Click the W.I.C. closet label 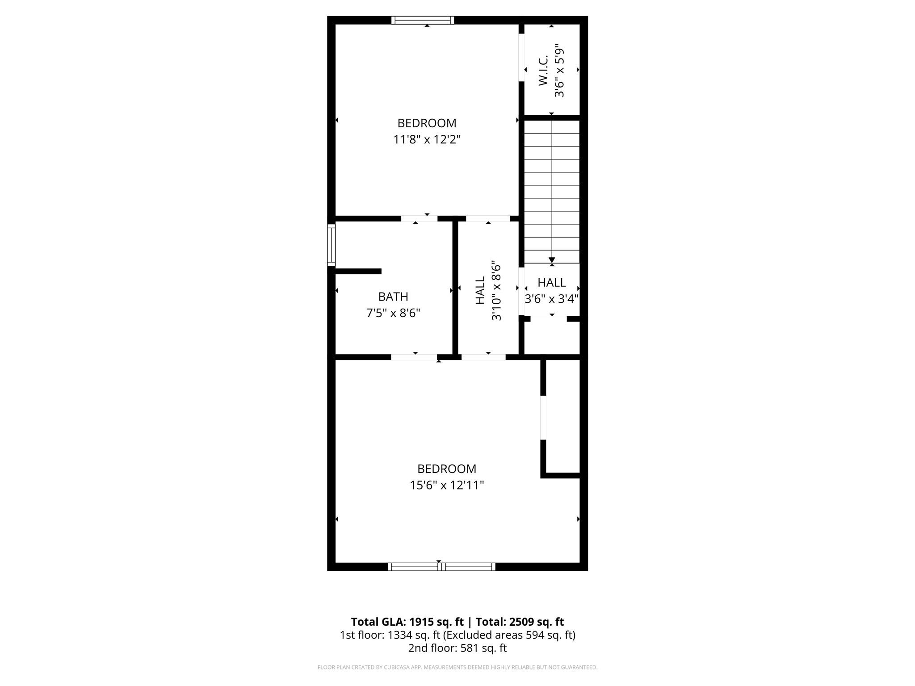(543, 71)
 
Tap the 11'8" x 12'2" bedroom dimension (427, 140)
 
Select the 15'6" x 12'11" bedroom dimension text (447, 485)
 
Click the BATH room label (393, 297)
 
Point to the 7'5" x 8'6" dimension (393, 313)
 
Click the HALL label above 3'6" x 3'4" (552, 282)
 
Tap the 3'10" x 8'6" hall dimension (496, 291)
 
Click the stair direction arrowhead (552, 260)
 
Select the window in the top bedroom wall (423, 20)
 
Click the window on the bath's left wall (331, 245)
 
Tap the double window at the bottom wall (441, 567)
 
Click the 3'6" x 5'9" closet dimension (559, 71)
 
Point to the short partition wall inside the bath (358, 271)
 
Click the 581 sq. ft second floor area (483, 648)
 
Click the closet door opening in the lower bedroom (543, 418)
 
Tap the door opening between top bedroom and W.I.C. (521, 57)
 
